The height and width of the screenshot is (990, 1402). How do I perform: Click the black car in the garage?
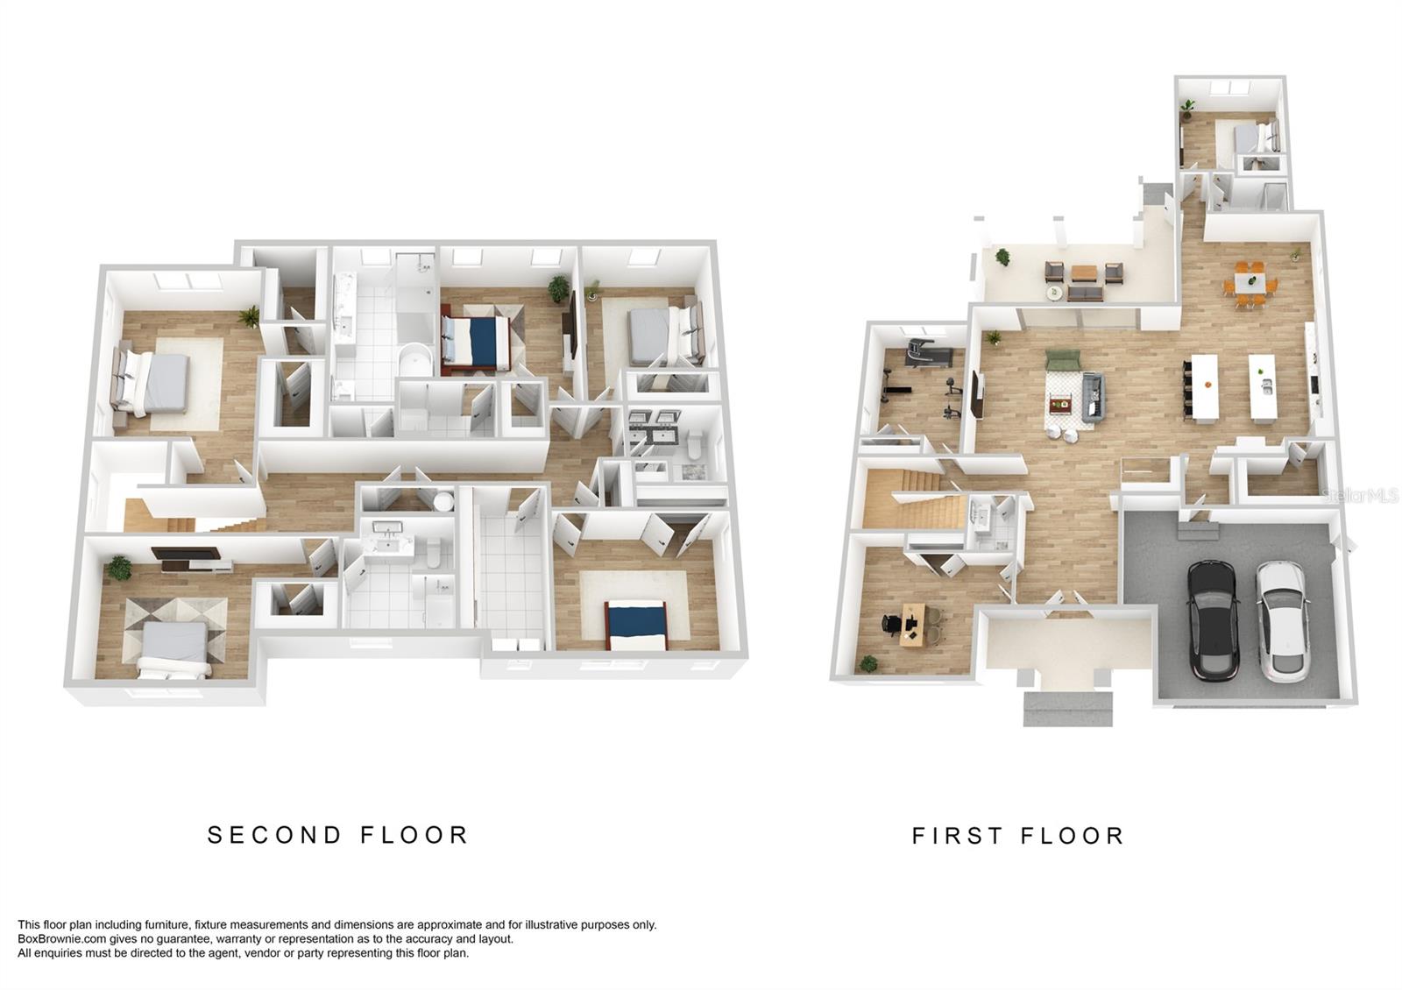coord(1213,620)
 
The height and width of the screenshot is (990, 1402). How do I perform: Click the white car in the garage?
coord(1283,620)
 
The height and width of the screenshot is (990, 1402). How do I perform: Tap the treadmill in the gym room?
coord(928,353)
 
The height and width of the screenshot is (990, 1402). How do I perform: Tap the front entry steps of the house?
coord(1067,708)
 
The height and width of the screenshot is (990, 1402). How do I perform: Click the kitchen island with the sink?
coord(1264,386)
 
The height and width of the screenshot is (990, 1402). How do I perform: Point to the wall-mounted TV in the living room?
coord(977,395)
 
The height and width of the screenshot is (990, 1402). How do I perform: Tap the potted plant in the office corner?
coord(867,664)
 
